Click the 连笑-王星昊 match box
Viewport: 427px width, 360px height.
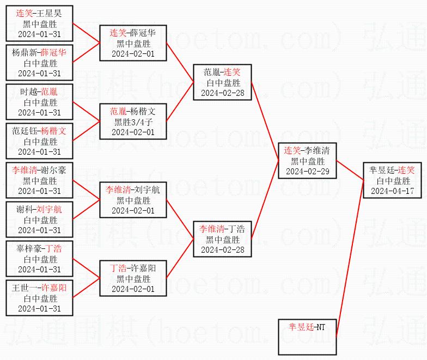click(39, 24)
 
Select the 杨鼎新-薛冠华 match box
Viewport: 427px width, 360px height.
click(39, 63)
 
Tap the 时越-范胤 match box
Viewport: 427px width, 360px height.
click(39, 102)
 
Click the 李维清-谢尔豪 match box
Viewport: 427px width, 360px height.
click(39, 180)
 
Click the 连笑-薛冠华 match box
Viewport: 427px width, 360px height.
click(133, 43)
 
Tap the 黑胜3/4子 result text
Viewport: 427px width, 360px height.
click(133, 121)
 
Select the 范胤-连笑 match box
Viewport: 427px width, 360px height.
click(222, 82)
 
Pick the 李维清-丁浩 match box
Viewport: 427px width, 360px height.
click(222, 239)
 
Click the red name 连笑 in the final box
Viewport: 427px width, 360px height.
click(406, 170)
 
